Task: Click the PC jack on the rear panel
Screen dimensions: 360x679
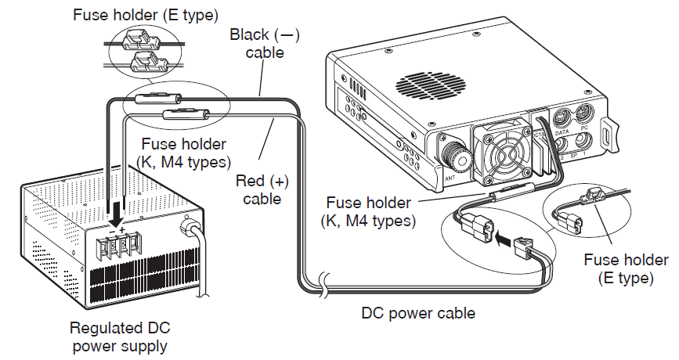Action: click(583, 117)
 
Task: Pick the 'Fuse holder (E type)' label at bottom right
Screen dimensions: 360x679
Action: click(626, 268)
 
